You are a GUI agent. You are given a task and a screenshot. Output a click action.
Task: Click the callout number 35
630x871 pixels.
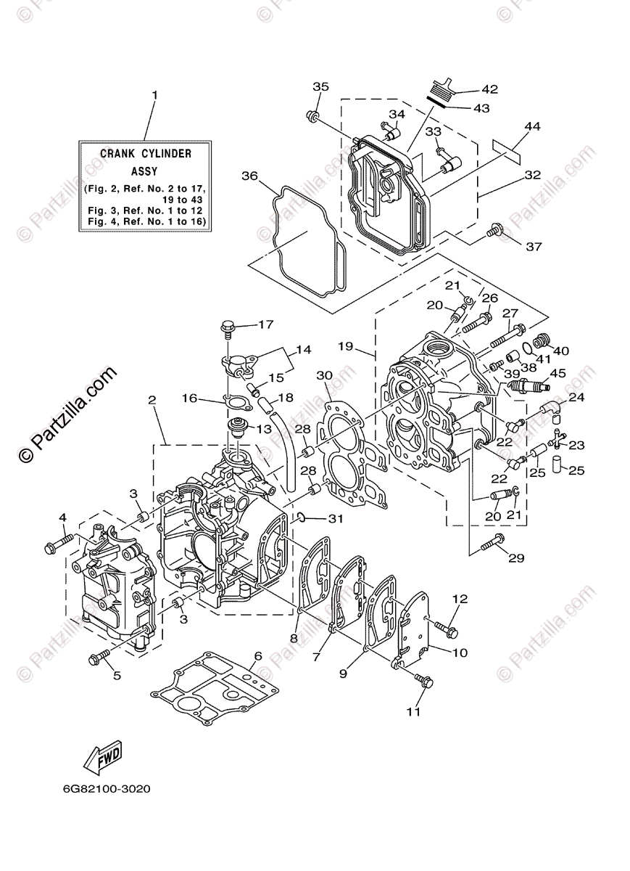[x=320, y=86]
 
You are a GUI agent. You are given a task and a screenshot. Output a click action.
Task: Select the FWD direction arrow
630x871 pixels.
[x=102, y=756]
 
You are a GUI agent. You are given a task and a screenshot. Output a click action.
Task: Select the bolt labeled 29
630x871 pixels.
[x=493, y=540]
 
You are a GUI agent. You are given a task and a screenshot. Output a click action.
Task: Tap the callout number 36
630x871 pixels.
[x=249, y=176]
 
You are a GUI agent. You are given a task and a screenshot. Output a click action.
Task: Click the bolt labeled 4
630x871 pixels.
[x=57, y=541]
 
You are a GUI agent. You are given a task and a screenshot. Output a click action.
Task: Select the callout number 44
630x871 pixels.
[x=532, y=126]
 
